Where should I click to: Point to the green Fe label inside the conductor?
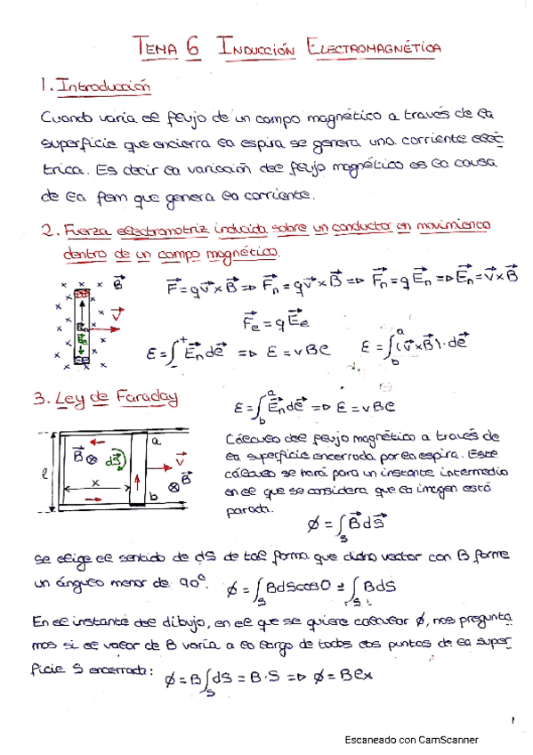(x=81, y=339)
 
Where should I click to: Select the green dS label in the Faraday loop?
(x=113, y=460)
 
